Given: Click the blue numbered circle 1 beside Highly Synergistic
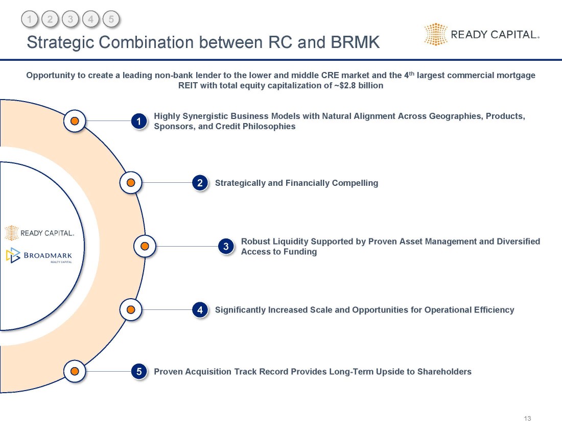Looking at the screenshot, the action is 138,121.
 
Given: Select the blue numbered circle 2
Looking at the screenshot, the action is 200,183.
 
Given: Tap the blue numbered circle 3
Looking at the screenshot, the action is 226,247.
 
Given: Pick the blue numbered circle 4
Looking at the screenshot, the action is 200,310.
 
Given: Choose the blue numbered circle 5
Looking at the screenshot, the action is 138,371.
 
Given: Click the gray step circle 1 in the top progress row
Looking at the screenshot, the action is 30,19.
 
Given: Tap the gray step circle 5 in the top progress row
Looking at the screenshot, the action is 111,19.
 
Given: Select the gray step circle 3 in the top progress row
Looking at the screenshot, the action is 71,19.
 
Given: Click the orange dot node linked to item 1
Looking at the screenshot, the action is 75,121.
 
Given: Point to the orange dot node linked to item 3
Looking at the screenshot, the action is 145,247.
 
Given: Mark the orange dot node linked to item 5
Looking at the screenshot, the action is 75,371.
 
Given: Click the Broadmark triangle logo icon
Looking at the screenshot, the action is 13,255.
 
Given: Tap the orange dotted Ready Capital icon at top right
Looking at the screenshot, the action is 436,34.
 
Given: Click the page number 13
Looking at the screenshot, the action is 527,419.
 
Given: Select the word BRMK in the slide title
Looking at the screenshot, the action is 355,42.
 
